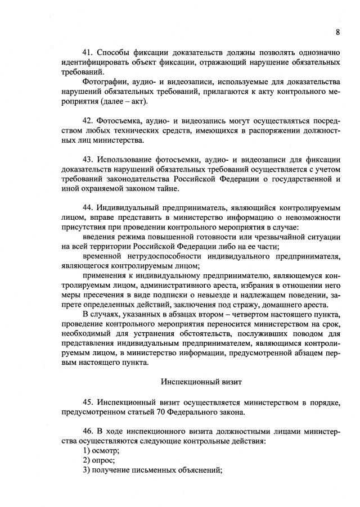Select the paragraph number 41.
point(87,53)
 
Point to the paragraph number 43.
point(87,160)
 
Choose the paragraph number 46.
point(87,431)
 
